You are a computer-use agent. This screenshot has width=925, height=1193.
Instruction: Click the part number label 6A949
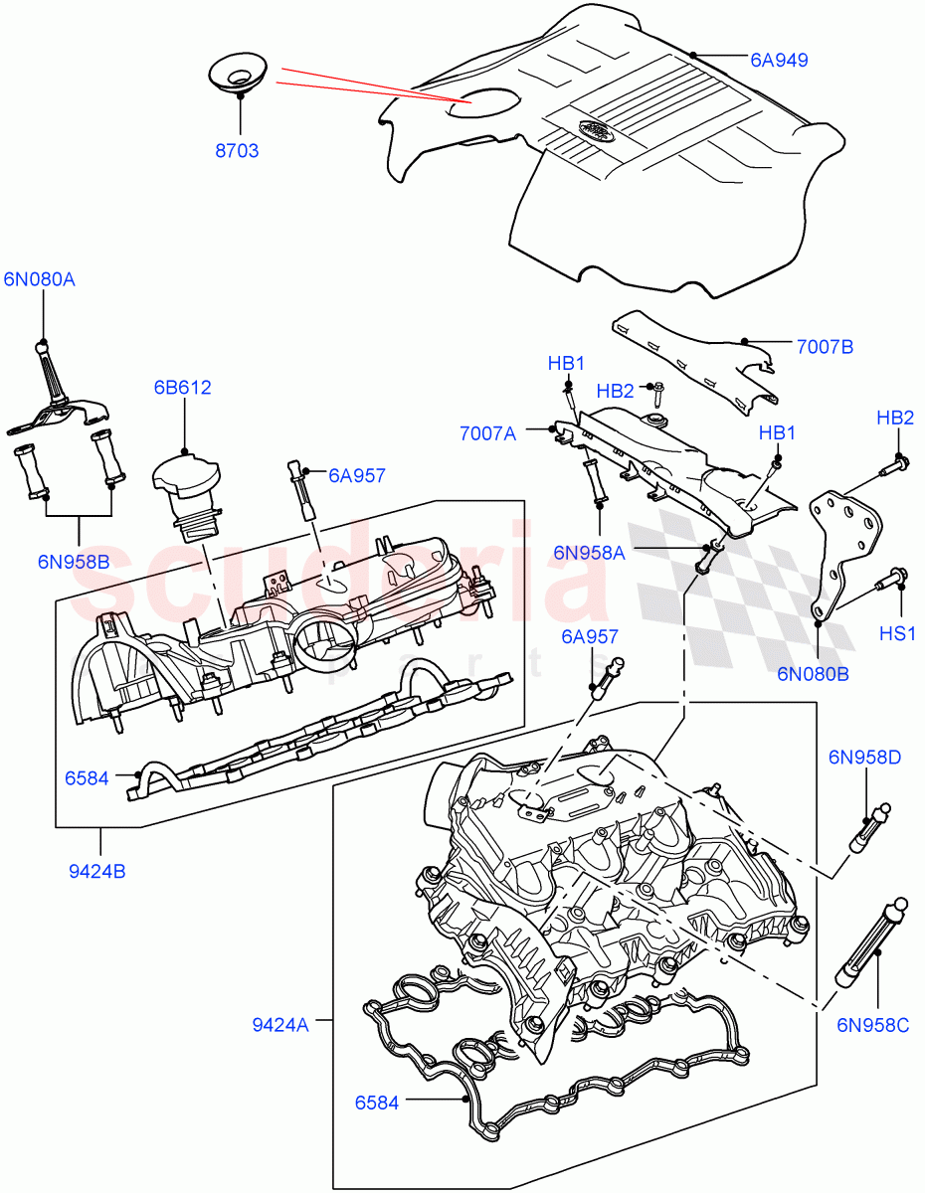coord(780,60)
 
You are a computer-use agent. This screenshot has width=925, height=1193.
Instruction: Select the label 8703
coord(237,151)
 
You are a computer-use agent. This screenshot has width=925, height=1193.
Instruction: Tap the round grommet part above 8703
coord(238,74)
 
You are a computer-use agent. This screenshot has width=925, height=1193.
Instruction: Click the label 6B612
coord(182,387)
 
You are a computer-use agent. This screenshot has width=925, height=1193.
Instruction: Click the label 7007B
coord(825,347)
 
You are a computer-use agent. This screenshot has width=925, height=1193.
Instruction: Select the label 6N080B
coord(813,673)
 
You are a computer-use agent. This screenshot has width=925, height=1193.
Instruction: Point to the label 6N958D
coord(863,758)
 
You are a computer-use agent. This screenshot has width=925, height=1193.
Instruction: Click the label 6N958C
coord(872,1024)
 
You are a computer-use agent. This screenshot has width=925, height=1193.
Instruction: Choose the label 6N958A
coord(588,554)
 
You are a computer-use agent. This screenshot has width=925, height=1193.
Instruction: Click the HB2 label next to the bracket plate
coord(894,418)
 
